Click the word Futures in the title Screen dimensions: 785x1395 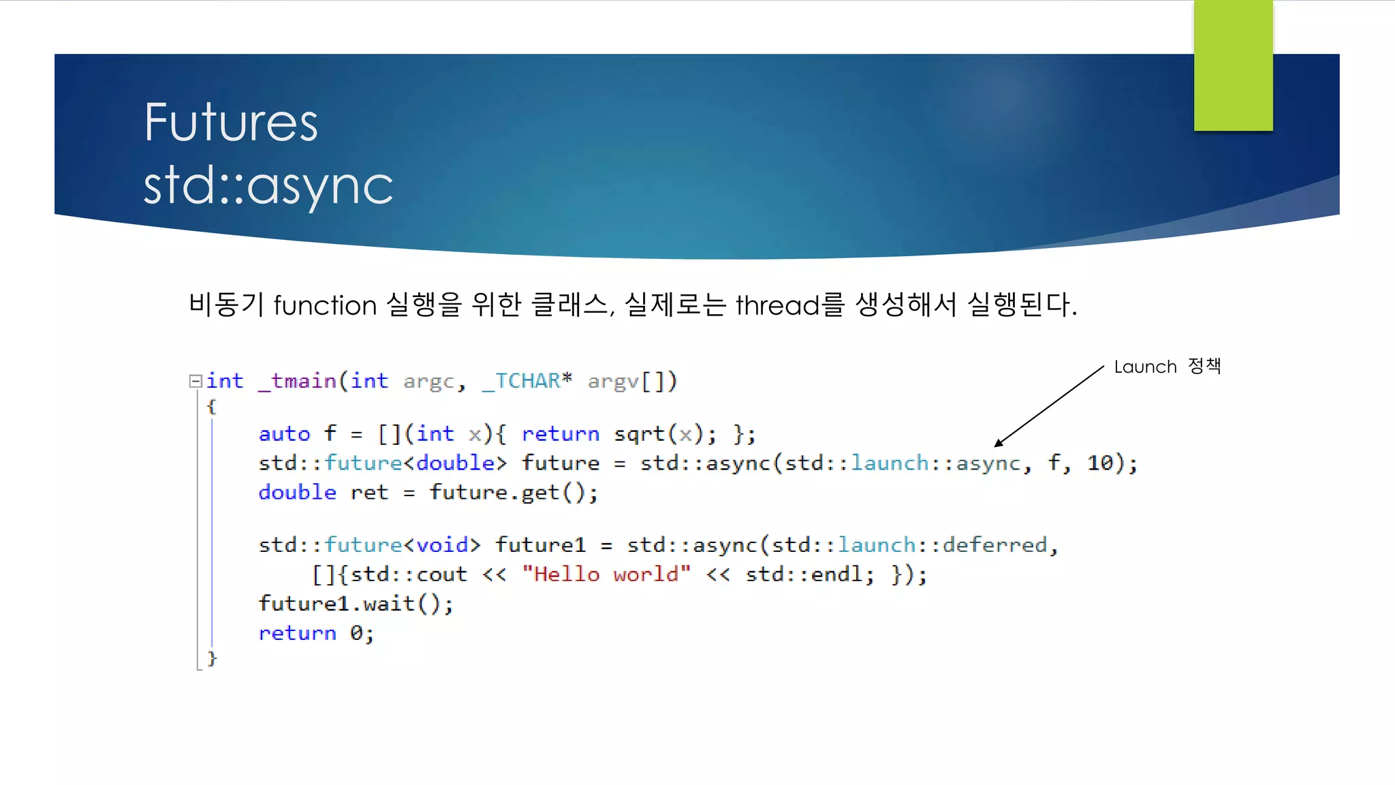tap(230, 123)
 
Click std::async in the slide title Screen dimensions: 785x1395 tap(268, 185)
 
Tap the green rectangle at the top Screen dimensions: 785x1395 tap(1233, 65)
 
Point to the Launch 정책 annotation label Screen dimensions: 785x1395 tap(1167, 367)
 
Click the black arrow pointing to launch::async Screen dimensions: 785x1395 tap(1049, 405)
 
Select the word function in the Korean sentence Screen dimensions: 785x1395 tap(325, 305)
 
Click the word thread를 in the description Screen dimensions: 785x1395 tap(790, 305)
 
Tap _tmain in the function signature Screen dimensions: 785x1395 tap(297, 381)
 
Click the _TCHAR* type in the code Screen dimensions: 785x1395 tap(527, 381)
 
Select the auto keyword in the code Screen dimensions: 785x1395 tap(284, 434)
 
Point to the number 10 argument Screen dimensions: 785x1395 tap(1100, 463)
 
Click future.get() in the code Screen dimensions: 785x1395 tap(513, 493)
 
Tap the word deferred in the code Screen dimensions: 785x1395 tap(994, 545)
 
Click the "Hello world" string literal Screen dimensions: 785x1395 tap(606, 574)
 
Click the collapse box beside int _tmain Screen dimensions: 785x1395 tap(195, 381)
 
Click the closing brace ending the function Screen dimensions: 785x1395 tap(212, 658)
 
